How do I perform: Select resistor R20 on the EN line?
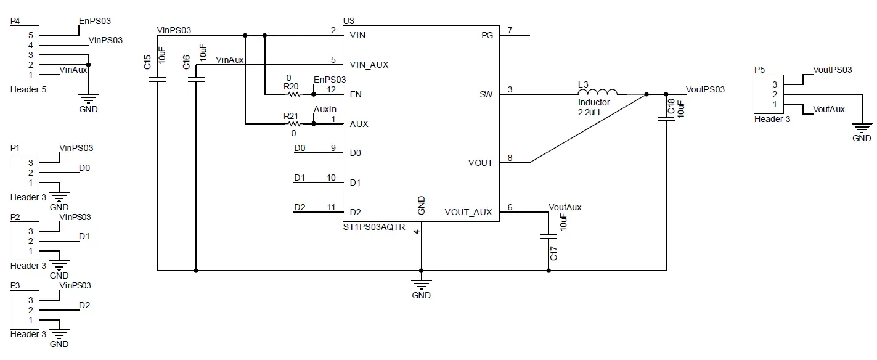click(x=293, y=94)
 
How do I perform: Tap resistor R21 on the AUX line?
click(x=293, y=124)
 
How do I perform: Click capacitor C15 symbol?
click(x=158, y=79)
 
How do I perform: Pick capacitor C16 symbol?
click(x=196, y=79)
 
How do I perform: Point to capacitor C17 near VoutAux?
click(x=548, y=236)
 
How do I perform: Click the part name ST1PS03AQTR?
click(x=374, y=227)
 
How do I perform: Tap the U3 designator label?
click(x=349, y=20)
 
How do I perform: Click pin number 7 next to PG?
click(x=509, y=30)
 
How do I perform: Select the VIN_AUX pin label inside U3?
click(x=369, y=65)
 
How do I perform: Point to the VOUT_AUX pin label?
click(x=468, y=212)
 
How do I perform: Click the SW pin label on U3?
click(x=486, y=94)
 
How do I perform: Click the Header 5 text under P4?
click(x=28, y=89)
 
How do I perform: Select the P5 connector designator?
click(x=760, y=70)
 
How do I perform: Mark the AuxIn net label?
click(x=325, y=109)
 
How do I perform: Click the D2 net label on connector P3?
click(x=84, y=305)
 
